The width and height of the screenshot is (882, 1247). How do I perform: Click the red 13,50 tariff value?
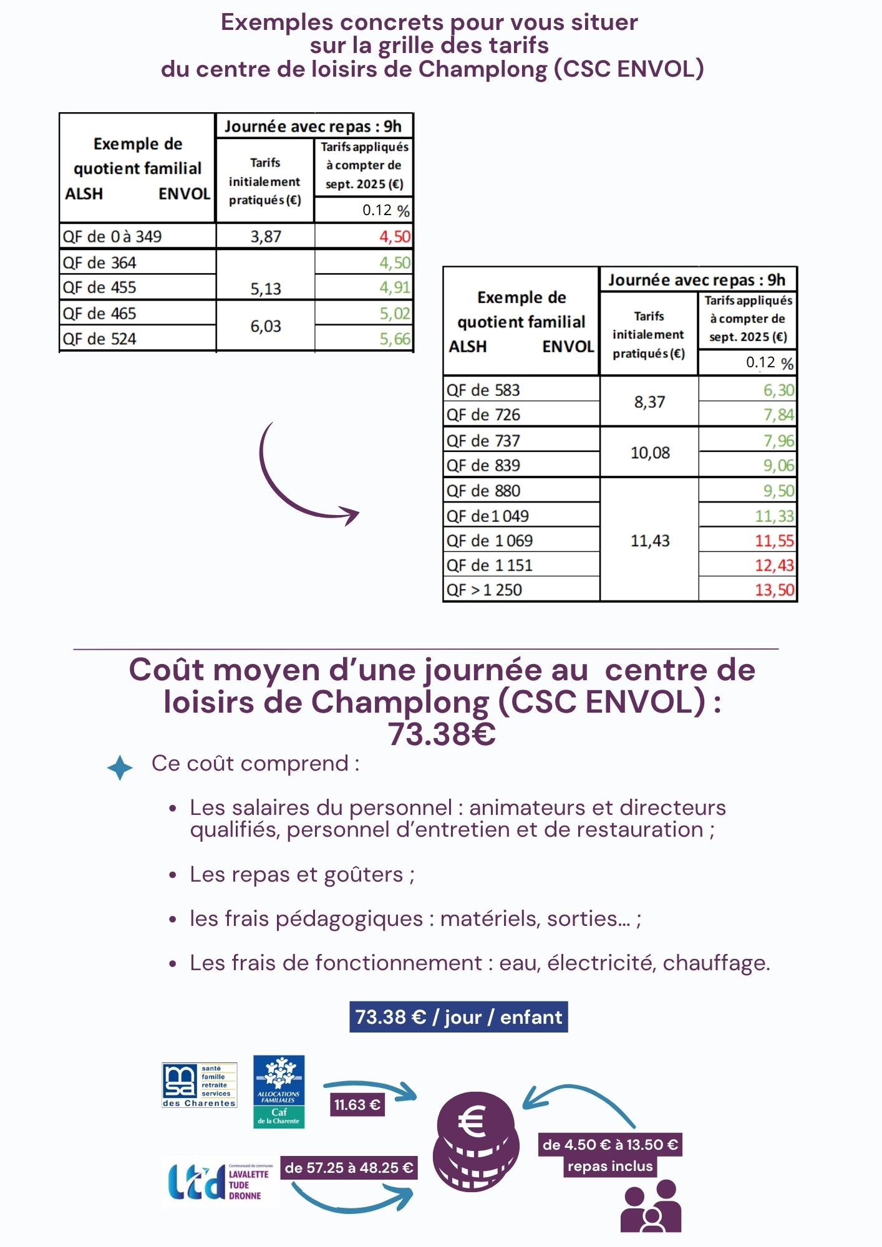(x=775, y=590)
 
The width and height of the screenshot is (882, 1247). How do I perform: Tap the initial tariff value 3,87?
(x=266, y=237)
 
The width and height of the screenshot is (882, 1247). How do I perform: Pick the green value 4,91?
(x=395, y=287)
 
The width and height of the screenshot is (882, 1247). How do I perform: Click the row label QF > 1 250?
(x=485, y=590)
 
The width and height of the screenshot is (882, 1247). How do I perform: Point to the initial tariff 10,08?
(x=650, y=453)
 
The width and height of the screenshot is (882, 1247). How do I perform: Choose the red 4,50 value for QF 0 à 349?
(x=395, y=237)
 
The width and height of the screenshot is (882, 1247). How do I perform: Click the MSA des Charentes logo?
(x=200, y=1086)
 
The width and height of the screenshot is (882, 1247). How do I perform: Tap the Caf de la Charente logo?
(x=279, y=1091)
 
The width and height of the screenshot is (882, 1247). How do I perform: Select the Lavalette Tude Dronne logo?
(x=218, y=1182)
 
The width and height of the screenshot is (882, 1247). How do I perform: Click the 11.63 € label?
(x=357, y=1105)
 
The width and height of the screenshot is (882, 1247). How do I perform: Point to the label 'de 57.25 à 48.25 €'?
(x=349, y=1168)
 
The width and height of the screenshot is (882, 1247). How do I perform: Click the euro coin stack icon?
(x=476, y=1141)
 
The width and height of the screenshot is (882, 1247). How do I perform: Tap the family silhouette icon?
(x=651, y=1206)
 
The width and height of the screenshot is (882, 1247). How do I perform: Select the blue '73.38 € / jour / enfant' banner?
(x=458, y=1017)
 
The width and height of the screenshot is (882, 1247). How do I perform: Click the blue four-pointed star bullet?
(x=120, y=768)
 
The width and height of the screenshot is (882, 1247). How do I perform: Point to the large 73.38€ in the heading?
(x=442, y=734)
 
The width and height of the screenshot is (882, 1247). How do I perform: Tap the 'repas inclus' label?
(x=610, y=1167)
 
